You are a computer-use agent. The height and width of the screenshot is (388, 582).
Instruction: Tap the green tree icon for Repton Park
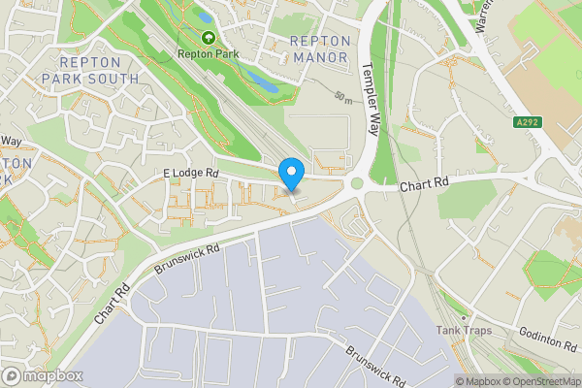206,40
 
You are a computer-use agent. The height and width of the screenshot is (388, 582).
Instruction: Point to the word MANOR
319,57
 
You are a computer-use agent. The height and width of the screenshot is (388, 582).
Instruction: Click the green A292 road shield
527,121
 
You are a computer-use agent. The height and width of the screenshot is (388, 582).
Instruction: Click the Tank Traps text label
464,331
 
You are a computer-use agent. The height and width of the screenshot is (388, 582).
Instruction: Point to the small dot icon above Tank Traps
464,316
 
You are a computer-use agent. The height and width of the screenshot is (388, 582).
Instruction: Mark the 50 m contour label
341,96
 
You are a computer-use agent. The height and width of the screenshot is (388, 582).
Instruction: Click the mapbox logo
42,375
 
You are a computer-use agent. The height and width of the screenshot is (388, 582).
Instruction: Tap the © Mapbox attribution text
478,381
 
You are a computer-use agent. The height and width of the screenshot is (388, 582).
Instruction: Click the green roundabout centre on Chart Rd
357,182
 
